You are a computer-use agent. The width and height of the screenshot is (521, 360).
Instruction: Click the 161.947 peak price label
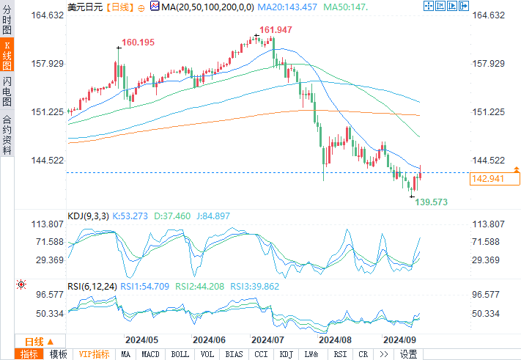click(x=275, y=30)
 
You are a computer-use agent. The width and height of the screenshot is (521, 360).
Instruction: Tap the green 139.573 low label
click(x=432, y=201)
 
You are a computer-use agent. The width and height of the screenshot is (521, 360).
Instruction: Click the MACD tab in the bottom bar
click(x=150, y=354)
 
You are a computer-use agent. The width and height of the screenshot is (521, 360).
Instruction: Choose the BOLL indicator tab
click(x=180, y=354)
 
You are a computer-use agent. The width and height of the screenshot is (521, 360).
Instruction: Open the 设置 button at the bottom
click(x=409, y=354)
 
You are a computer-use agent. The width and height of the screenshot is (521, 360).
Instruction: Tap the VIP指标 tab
click(x=94, y=354)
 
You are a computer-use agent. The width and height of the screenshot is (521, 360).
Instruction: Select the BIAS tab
click(x=234, y=354)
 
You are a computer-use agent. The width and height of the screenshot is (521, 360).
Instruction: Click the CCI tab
click(x=261, y=354)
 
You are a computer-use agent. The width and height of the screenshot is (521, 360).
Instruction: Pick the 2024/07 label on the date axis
click(x=267, y=340)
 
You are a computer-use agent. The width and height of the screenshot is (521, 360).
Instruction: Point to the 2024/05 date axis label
click(x=141, y=340)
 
